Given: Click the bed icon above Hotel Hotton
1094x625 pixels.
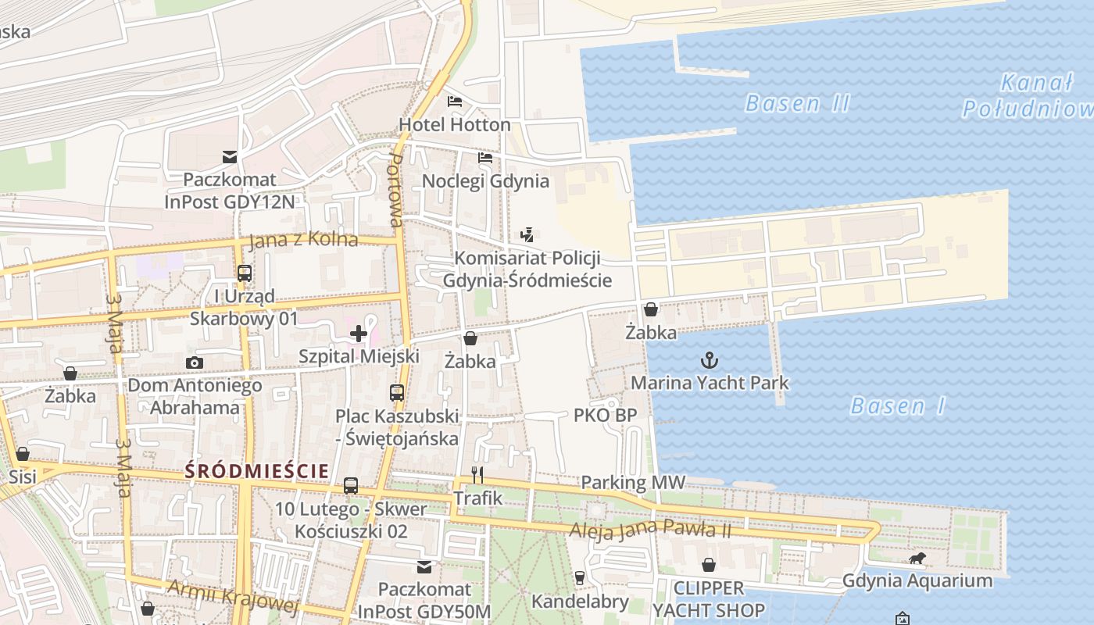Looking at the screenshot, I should coord(455,102).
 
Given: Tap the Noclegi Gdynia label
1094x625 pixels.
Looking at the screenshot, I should coord(485,181).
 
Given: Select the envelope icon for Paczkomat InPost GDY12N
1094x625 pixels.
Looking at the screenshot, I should coord(230,157).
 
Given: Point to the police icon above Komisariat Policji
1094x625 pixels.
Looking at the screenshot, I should coord(527,234).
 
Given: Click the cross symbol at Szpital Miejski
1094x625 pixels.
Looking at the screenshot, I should coord(359,334).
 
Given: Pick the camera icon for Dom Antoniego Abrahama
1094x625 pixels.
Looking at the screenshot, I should coord(195,362).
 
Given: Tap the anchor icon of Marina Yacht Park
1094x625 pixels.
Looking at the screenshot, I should coord(710,360).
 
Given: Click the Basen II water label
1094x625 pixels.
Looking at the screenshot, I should coord(797,103).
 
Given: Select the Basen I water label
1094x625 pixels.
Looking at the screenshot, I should coord(898,406).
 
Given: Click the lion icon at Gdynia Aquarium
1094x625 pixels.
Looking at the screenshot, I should coord(917,559).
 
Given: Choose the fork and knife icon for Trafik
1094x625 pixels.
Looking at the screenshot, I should coord(478,474).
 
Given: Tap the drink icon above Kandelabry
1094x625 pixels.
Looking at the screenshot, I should coord(579,578).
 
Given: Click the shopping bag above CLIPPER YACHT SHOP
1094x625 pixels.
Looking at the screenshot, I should coord(709,564).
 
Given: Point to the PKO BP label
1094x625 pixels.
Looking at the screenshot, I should coord(605,416).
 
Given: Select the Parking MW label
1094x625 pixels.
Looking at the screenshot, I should coord(633,483).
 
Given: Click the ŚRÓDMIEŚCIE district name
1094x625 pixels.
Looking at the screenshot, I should coord(256,471).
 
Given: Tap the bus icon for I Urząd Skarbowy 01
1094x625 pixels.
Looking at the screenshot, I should coord(245,273).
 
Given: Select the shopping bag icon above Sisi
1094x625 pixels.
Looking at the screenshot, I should coord(23,454).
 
